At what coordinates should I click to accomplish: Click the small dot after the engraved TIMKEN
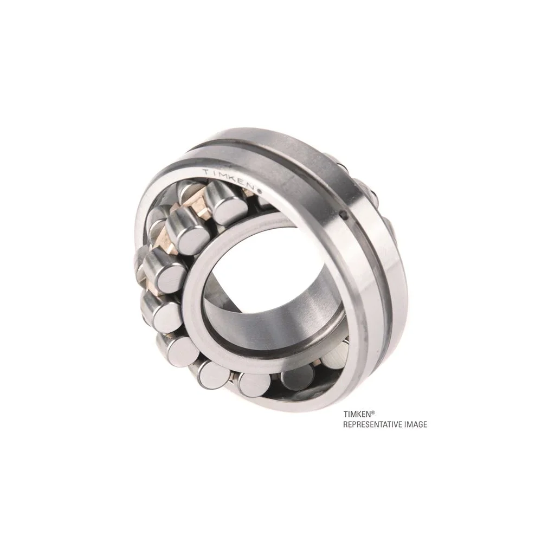pyautogui.click(x=260, y=191)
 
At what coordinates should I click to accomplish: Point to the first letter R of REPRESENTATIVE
pyautogui.click(x=345, y=425)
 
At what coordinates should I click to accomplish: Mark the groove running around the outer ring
pyautogui.click(x=347, y=244)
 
